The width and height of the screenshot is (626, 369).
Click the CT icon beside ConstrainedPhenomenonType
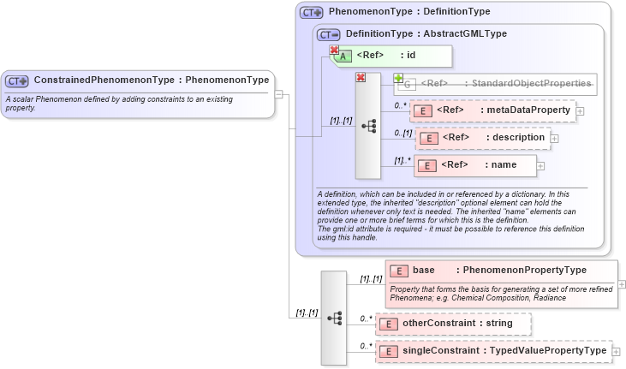17,81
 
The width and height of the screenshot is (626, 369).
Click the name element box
476,165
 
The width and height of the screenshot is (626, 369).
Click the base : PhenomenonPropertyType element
499,271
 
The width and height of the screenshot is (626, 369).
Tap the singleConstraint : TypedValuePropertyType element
492,351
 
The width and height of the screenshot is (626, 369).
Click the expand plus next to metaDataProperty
580,110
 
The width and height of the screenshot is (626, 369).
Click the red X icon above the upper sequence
361,78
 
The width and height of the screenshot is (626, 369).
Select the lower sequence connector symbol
335,318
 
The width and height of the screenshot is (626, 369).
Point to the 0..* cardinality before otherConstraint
367,319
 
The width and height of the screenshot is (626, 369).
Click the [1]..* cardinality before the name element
402,160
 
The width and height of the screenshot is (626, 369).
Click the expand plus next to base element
621,284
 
